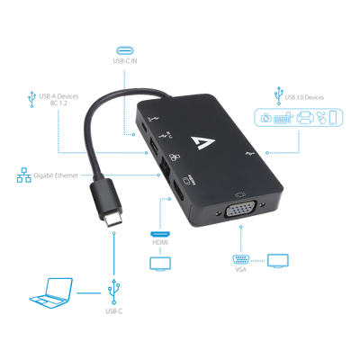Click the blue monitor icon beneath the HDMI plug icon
coord(161,263)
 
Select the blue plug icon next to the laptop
coord(114,291)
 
